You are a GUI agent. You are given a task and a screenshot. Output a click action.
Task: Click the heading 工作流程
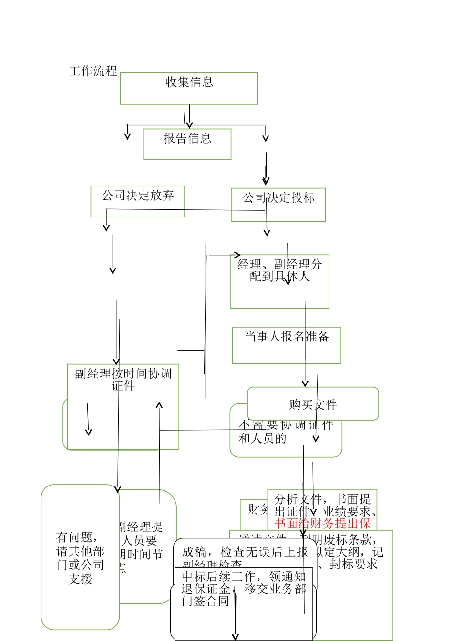pos(93,72)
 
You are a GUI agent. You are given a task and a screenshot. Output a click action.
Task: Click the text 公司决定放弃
pos(138,196)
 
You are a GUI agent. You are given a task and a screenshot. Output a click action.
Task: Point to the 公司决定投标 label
pos(278,198)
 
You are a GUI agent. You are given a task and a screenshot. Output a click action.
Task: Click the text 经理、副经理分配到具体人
pos(279,270)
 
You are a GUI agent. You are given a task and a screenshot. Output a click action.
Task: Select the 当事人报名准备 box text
pos(287,337)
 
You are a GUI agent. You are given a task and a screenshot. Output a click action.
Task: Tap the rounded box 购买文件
pos(313,404)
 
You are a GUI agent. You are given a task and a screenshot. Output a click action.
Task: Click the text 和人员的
pos(262,438)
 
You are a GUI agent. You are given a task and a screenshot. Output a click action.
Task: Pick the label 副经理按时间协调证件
pos(123,380)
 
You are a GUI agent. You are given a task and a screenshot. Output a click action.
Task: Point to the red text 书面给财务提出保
pos(322,524)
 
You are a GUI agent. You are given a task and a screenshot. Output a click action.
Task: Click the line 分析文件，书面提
pos(322,499)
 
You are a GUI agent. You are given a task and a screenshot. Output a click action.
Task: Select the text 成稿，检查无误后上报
pos(245,552)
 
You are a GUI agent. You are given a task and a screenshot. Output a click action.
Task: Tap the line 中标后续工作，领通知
pos(243,577)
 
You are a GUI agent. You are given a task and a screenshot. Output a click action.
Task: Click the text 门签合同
pos(206,601)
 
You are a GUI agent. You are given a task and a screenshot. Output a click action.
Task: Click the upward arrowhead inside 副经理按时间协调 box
pos(159,405)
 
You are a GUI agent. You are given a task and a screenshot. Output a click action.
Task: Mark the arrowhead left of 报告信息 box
pos(127,137)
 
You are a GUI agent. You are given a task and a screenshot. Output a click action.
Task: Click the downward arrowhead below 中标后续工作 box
pos(235,637)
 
